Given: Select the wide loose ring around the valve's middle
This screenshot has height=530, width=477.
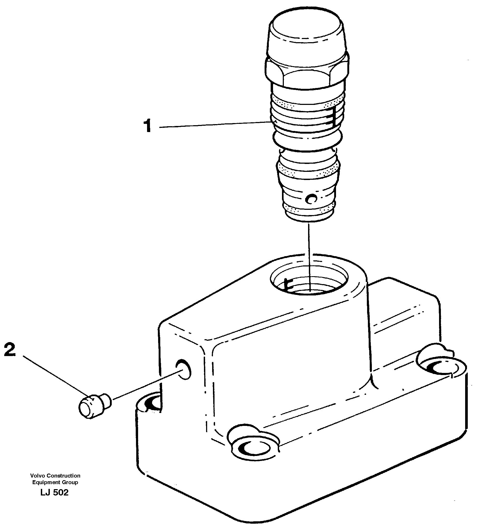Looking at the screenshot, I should pyautogui.click(x=308, y=141).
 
